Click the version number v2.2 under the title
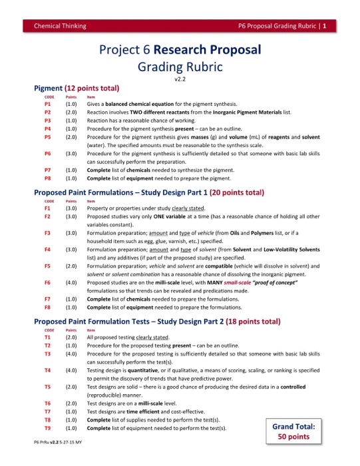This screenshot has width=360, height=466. tap(180, 79)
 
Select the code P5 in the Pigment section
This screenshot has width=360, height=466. tap(48, 136)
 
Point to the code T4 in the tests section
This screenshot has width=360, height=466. tap(48, 370)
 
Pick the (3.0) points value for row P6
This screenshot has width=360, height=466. tap(71, 153)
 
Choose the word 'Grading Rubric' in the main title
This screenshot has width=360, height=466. tap(180, 67)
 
